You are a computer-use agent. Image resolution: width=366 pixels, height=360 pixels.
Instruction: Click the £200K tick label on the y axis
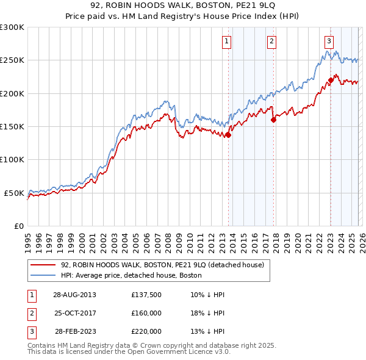point(12,93)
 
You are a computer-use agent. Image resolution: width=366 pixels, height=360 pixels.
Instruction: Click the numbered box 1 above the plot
point(226,41)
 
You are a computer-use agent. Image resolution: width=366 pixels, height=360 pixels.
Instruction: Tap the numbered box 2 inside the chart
point(271,41)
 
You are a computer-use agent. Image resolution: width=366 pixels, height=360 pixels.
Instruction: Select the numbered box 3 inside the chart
point(329,41)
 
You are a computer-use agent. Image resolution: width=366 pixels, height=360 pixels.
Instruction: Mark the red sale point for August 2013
point(228,135)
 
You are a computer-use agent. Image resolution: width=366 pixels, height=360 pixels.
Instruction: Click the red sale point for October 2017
point(273,120)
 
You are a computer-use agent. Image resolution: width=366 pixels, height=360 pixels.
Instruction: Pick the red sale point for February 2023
point(331,80)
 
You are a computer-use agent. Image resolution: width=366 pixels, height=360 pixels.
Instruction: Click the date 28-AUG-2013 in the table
point(74,294)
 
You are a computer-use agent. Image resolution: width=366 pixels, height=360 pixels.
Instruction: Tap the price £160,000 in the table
point(146,313)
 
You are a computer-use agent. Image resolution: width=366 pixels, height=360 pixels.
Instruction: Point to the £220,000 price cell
point(146,331)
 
